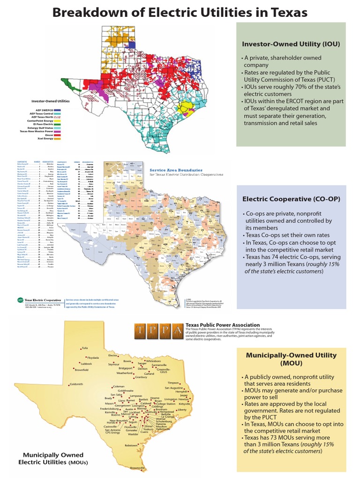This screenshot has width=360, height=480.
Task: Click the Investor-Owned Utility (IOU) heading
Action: [x=291, y=44]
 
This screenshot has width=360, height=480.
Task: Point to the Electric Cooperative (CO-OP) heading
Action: [x=291, y=199]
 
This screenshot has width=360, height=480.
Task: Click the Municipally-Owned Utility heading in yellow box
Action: [x=291, y=359]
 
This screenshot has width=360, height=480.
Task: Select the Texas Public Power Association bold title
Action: [x=223, y=325]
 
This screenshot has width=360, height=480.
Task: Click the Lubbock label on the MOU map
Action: [x=85, y=364]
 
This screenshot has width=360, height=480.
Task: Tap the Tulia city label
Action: [x=84, y=348]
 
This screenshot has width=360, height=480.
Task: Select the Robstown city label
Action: [x=132, y=445]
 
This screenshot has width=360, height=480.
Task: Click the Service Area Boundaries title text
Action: [x=176, y=170]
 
